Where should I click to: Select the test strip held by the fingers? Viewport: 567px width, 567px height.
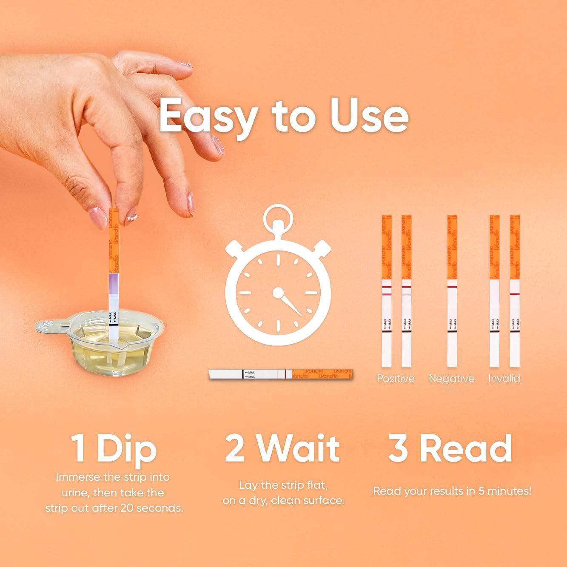pos(114,264)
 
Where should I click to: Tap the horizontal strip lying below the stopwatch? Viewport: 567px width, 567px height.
pos(281,374)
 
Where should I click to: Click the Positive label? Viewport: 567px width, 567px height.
pos(396,378)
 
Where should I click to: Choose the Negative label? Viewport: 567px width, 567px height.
pos(451,378)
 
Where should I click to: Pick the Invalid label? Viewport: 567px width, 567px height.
pos(504,378)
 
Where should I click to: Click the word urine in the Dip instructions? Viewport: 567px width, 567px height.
pos(71,493)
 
